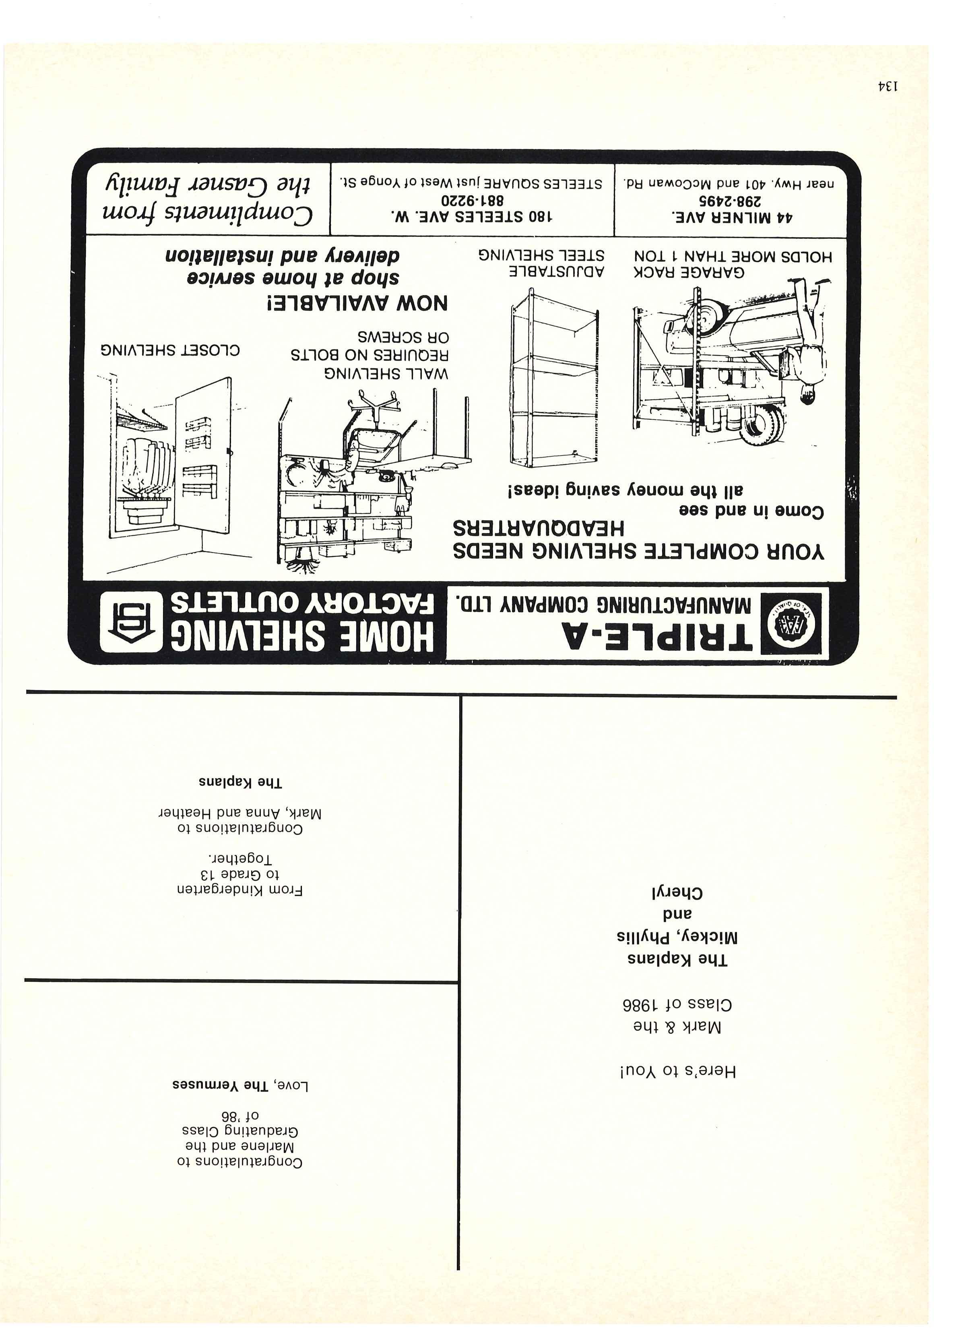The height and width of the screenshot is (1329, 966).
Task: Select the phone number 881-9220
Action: (x=472, y=200)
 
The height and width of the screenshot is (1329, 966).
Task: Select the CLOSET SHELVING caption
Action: (x=170, y=350)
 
